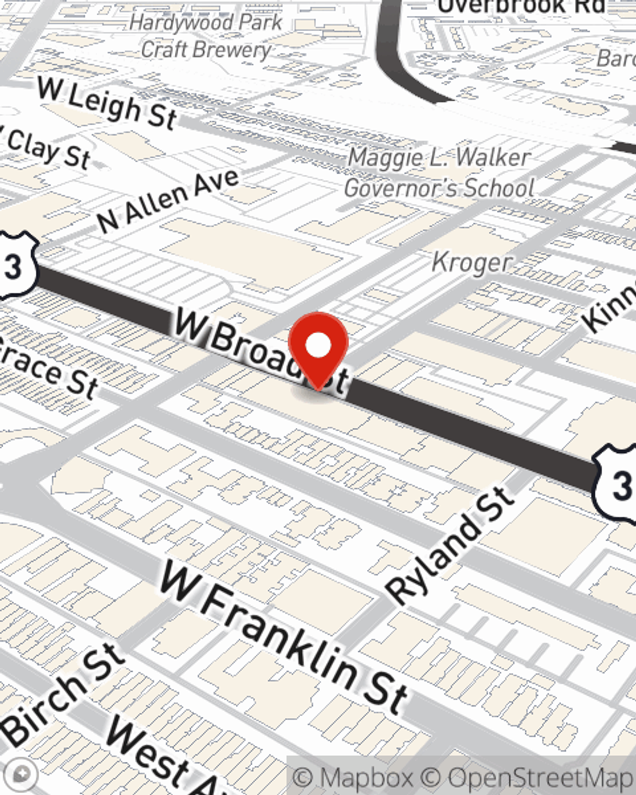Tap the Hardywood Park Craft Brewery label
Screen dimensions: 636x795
point(205,36)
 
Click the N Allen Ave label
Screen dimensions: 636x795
point(168,201)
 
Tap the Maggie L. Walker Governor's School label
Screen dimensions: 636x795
point(439,172)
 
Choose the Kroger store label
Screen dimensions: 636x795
point(472,262)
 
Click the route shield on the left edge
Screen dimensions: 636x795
point(14,266)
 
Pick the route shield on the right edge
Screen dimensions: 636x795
point(617,483)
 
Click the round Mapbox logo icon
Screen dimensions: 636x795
point(23,773)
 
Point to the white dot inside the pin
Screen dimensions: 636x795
point(318,345)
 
